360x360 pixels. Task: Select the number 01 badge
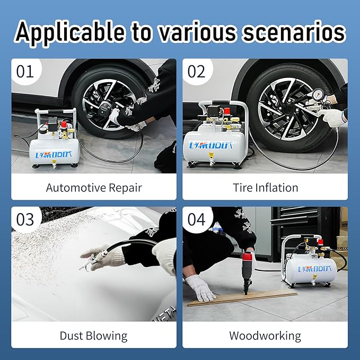[25, 71]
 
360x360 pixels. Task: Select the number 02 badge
[196, 71]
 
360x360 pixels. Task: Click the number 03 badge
[25, 219]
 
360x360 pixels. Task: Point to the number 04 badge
[196, 219]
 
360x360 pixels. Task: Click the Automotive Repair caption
[94, 187]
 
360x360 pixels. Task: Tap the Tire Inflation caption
[265, 187]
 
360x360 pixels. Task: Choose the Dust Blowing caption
[94, 336]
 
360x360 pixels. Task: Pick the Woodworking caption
[265, 336]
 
